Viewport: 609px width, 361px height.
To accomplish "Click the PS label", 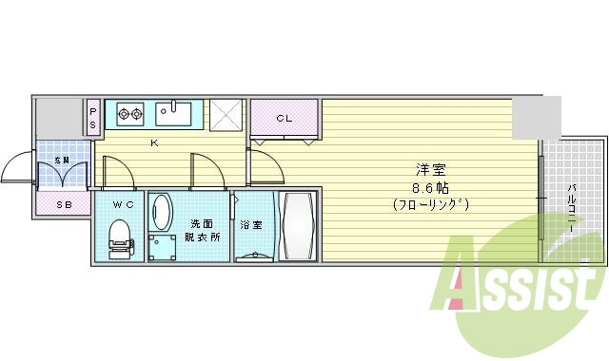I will tap(93, 119).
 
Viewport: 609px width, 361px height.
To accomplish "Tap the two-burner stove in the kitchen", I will tap(128, 115).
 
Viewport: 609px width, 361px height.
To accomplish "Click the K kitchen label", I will tap(153, 143).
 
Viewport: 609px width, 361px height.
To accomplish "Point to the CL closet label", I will tap(284, 119).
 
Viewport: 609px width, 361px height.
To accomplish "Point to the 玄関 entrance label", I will tap(63, 159).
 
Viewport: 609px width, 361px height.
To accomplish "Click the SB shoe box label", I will tap(63, 204).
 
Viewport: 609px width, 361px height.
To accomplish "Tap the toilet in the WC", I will tap(119, 237).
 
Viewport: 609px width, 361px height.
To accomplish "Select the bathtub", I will tap(298, 226).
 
